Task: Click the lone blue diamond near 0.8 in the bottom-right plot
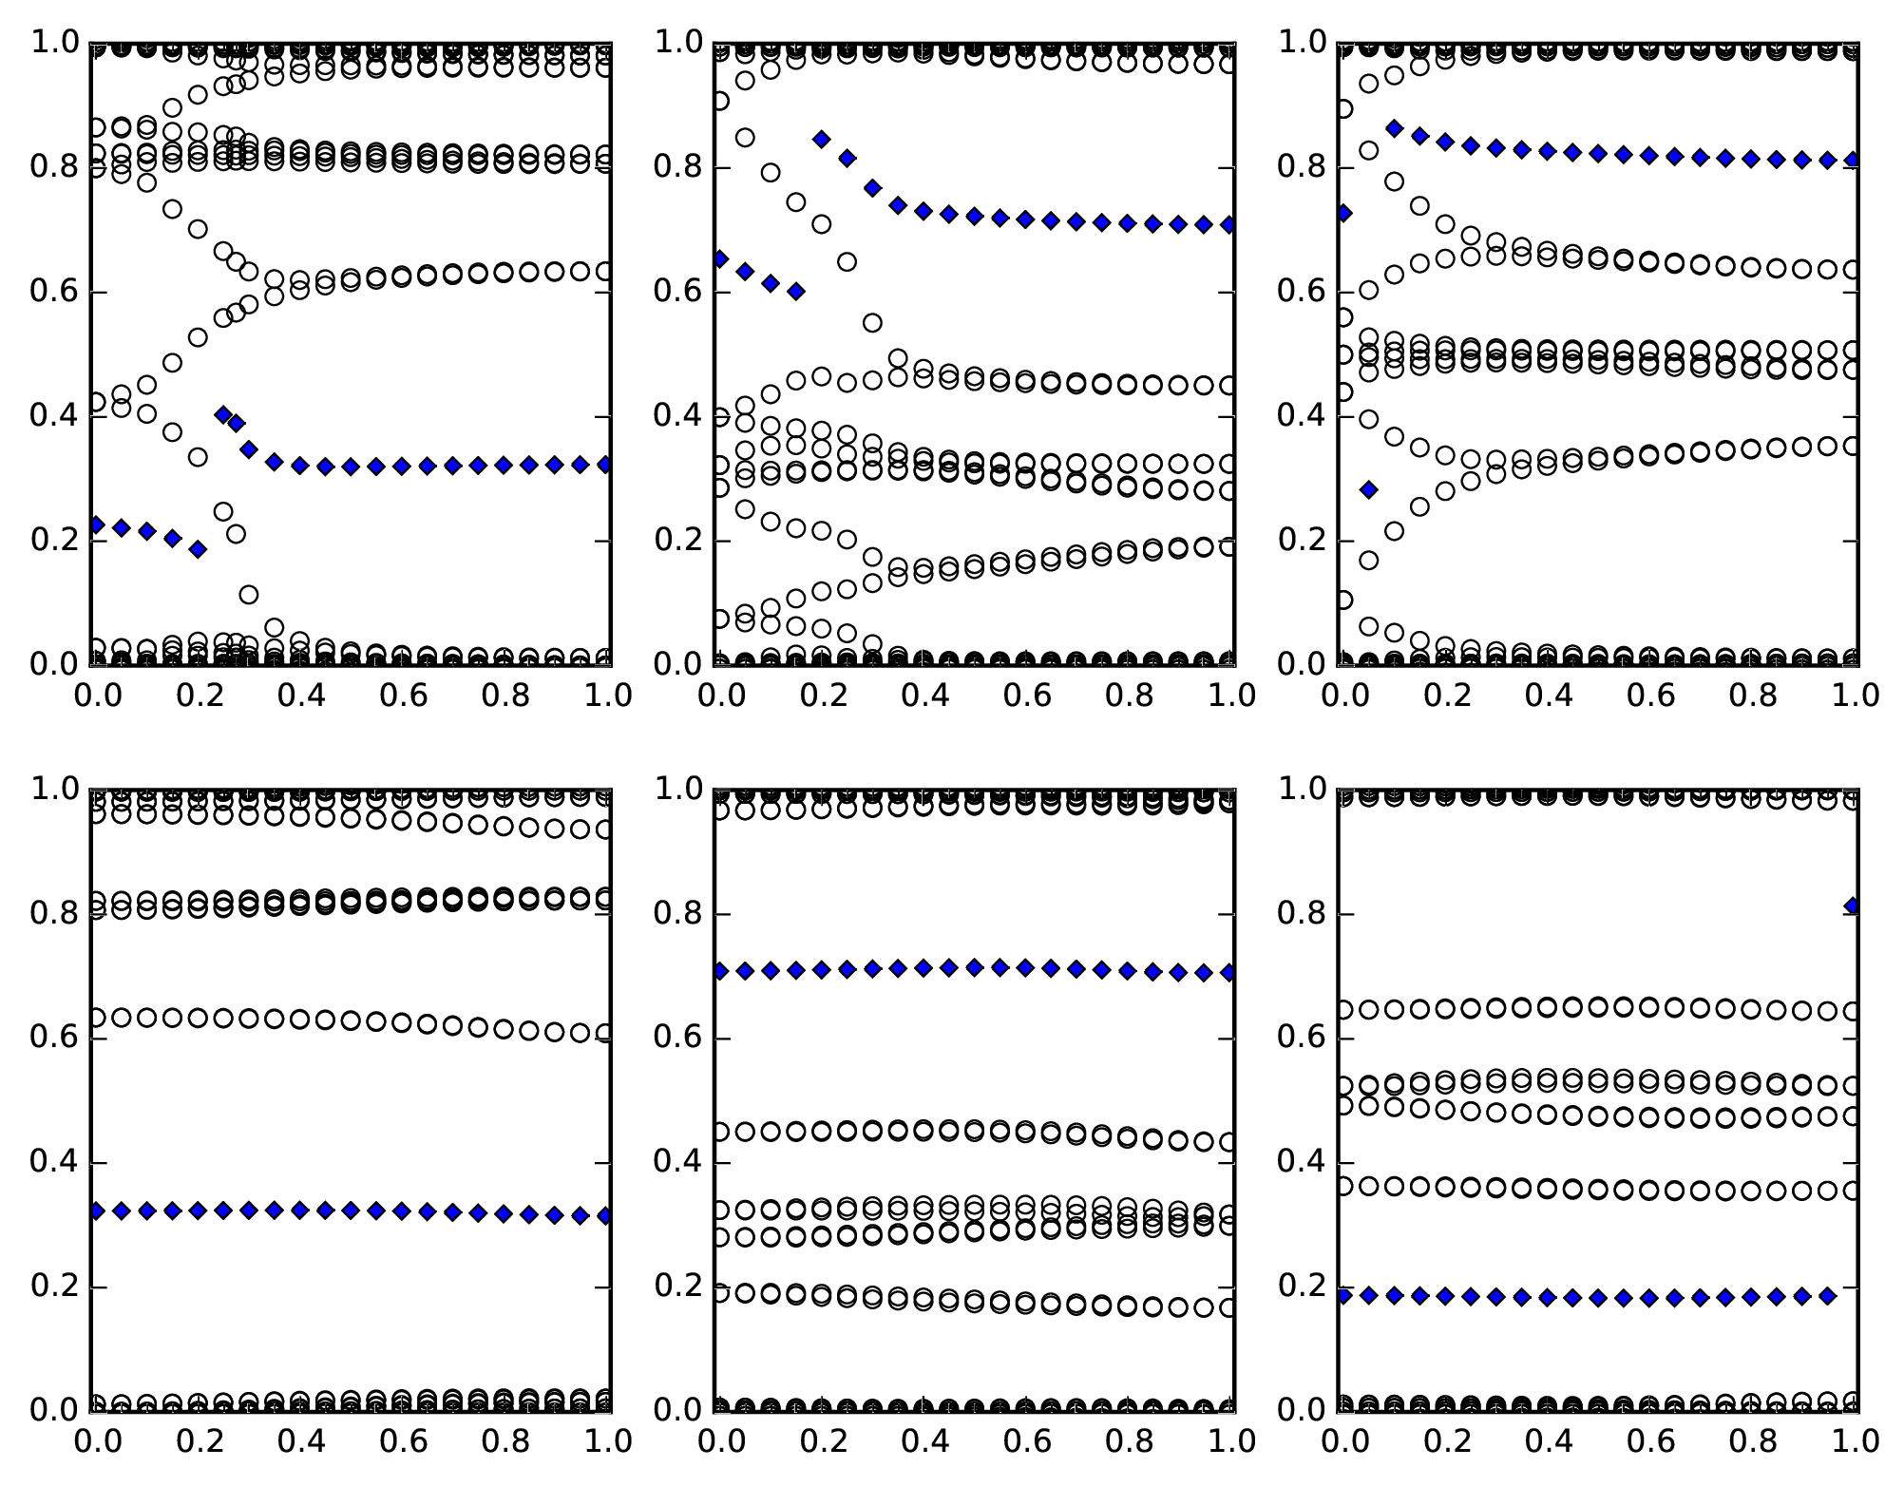tap(1854, 906)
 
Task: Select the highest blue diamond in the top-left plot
tap(223, 414)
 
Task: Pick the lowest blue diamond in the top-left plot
tap(198, 549)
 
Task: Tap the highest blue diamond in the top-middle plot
tap(822, 139)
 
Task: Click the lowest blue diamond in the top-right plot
tap(1368, 489)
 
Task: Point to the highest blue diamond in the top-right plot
tap(1395, 127)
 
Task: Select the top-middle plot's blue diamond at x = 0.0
tap(720, 258)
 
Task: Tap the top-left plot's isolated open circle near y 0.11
tap(249, 595)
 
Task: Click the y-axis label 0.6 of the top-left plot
tap(54, 292)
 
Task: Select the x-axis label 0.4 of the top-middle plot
tap(923, 696)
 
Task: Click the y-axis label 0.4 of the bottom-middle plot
tap(678, 1163)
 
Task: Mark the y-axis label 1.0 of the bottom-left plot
tap(54, 789)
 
